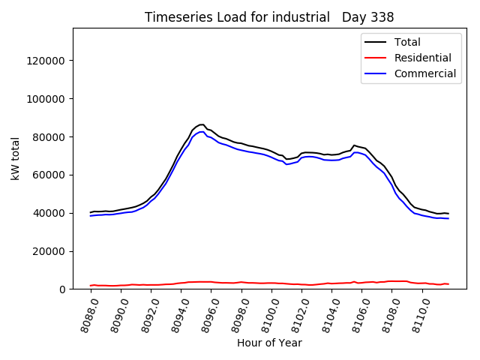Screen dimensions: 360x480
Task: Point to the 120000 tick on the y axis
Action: coord(49,61)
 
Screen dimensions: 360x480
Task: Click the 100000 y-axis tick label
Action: coord(49,99)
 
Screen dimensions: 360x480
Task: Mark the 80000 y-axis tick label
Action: coord(52,137)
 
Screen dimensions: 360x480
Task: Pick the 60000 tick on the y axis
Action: coord(52,175)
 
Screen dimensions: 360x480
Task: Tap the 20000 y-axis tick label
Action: coord(52,251)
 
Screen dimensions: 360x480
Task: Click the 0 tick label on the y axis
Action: coord(64,289)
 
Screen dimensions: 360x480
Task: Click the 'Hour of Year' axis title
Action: coord(269,343)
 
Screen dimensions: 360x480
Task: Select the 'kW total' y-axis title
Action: coord(15,158)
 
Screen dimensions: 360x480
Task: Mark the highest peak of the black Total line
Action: coord(201,124)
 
